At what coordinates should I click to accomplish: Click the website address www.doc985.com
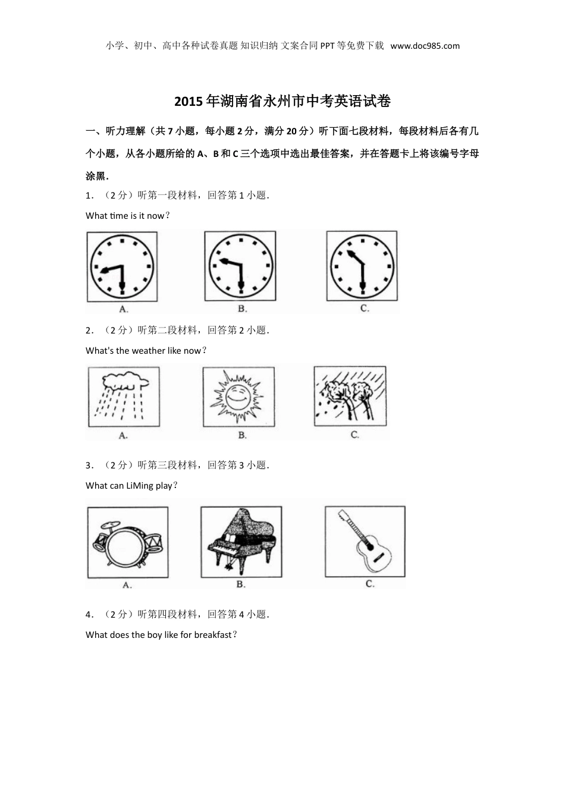425,46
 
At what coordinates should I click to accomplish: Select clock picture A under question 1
122,267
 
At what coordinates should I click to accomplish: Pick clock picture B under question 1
240,266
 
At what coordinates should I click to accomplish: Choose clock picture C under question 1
362,266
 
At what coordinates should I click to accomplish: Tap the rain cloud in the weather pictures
125,380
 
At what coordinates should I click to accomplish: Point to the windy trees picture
350,396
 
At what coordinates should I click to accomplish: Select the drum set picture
128,542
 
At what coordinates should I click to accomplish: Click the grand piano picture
241,542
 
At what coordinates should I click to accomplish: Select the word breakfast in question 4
213,634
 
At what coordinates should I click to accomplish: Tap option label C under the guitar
370,584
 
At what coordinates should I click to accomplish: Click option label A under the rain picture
123,436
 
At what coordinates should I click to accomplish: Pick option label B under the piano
240,584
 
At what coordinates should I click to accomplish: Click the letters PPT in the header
328,46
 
